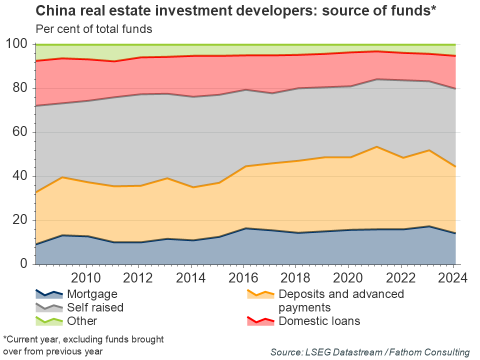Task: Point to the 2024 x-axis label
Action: pyautogui.click(x=454, y=278)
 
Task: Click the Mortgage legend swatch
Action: pyautogui.click(x=48, y=293)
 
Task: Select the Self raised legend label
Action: pyautogui.click(x=95, y=307)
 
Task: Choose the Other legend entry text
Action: pyautogui.click(x=82, y=321)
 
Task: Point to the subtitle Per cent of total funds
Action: pyautogui.click(x=93, y=29)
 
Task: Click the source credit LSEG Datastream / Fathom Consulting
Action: pyautogui.click(x=370, y=352)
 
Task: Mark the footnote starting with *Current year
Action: pyautogui.click(x=83, y=345)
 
